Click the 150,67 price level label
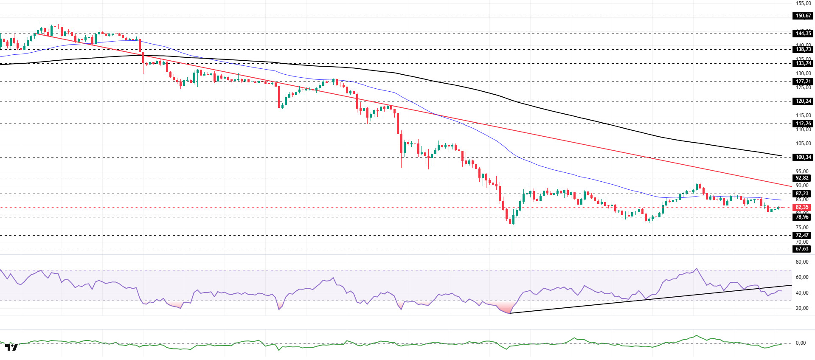point(803,16)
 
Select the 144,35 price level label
point(803,34)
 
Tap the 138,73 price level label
point(803,49)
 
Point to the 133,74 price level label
point(803,63)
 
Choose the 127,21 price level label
point(803,82)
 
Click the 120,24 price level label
point(803,101)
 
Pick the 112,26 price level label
point(803,124)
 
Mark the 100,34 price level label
point(803,157)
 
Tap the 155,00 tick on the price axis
point(803,3)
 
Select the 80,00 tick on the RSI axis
point(801,262)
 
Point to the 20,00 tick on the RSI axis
point(801,308)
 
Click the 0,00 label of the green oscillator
point(800,343)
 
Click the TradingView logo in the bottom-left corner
point(11,347)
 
